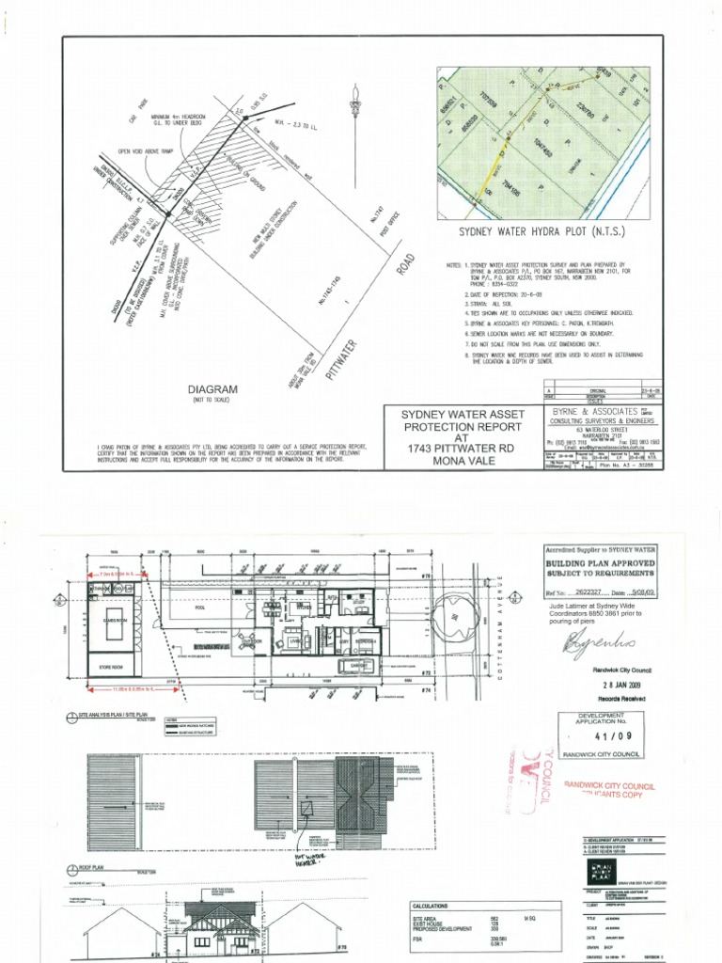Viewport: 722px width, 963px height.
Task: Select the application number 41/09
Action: coord(601,738)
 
